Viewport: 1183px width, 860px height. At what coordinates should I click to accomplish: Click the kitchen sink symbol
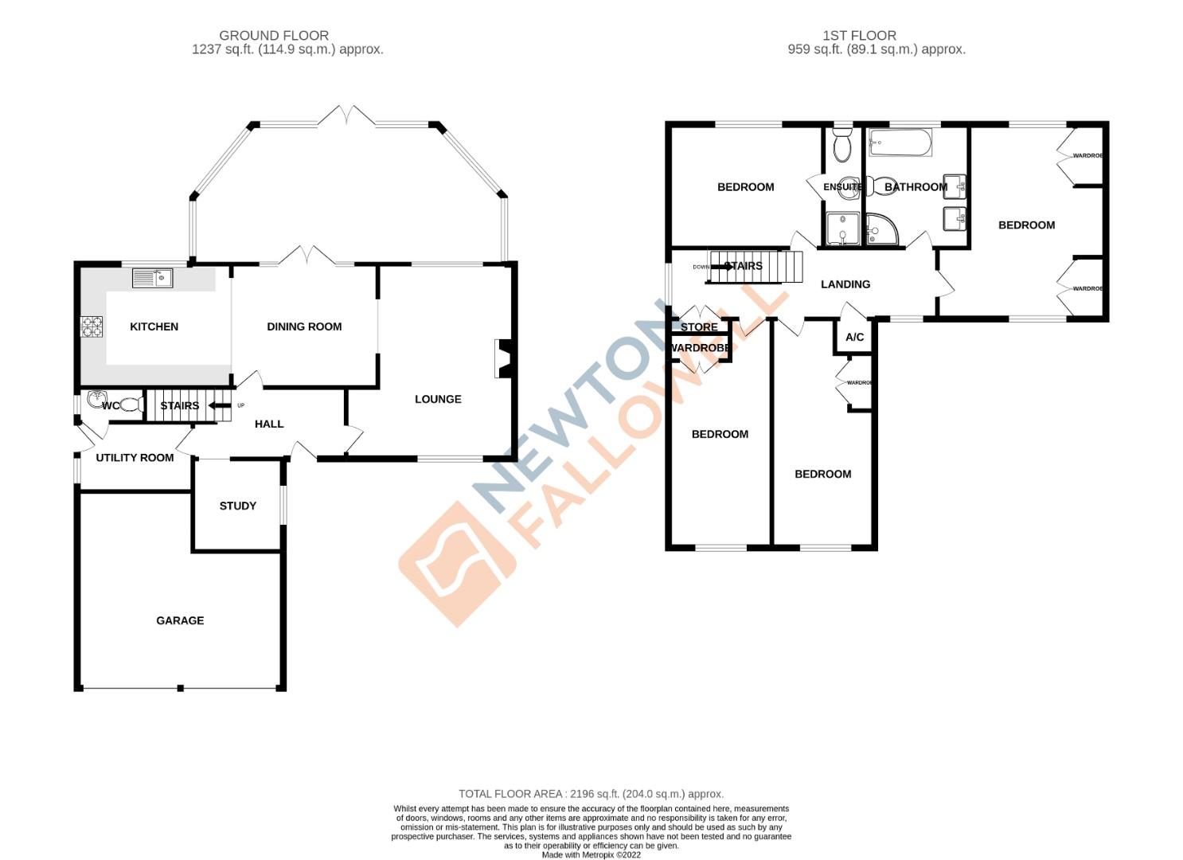click(x=152, y=278)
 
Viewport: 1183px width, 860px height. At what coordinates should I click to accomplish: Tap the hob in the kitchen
click(x=92, y=327)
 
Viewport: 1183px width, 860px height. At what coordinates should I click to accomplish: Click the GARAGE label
click(x=180, y=620)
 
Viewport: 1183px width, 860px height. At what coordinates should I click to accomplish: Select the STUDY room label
click(x=237, y=506)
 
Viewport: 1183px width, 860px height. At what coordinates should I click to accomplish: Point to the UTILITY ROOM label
click(x=135, y=458)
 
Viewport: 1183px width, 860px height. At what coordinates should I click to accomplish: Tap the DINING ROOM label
click(x=304, y=326)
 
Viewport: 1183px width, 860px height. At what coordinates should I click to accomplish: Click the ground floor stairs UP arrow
click(x=216, y=406)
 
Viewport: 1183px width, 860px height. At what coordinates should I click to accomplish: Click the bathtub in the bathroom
click(x=900, y=143)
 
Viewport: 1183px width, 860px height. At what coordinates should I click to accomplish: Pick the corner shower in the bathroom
click(x=881, y=229)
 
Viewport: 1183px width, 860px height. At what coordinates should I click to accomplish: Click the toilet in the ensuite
click(x=841, y=146)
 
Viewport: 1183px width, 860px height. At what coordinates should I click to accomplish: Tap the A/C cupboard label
click(x=854, y=338)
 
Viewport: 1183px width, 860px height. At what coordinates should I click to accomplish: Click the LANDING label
click(x=845, y=284)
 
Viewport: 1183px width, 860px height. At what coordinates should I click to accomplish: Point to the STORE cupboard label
click(x=699, y=327)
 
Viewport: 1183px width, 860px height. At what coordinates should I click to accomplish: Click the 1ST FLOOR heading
click(x=859, y=35)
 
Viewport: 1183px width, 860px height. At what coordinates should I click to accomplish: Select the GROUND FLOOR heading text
click(x=274, y=35)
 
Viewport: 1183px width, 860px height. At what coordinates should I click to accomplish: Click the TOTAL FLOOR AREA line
click(x=591, y=794)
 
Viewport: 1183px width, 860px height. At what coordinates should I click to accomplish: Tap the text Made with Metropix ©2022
click(x=591, y=854)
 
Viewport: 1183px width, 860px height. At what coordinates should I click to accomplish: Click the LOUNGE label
click(x=438, y=399)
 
